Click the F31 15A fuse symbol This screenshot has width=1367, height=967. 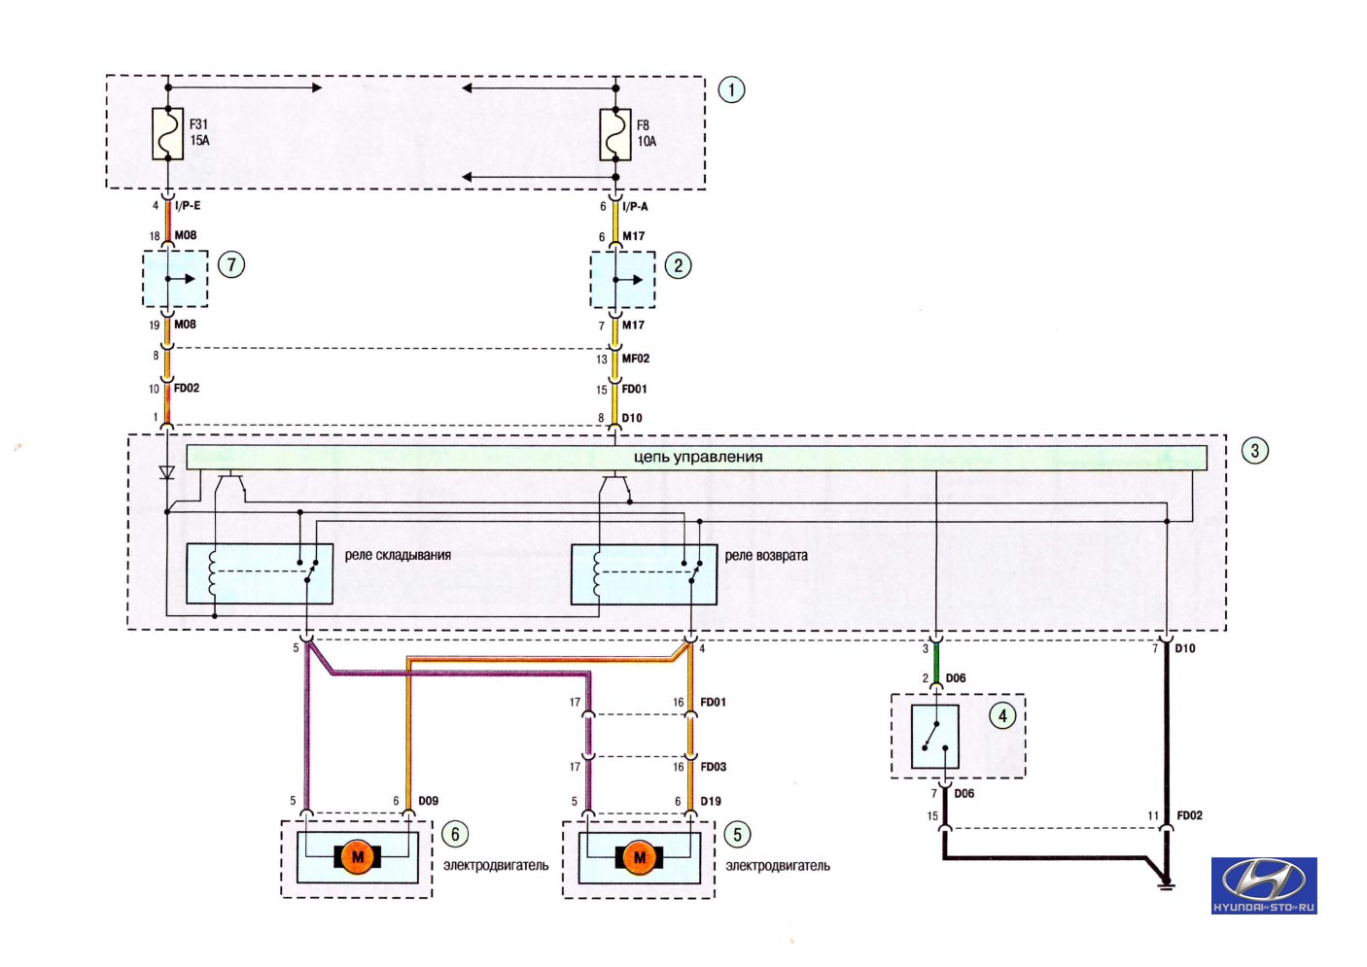click(x=168, y=134)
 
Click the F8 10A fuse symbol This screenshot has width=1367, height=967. click(x=615, y=135)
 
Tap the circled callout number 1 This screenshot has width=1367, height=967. click(x=731, y=90)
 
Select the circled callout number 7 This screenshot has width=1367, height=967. click(x=231, y=264)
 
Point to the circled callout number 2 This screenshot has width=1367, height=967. click(x=678, y=266)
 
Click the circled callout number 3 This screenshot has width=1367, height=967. click(x=1255, y=450)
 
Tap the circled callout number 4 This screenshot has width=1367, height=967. click(x=1002, y=715)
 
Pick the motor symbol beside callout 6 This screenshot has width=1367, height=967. click(x=358, y=856)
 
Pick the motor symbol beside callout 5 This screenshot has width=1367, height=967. click(x=639, y=857)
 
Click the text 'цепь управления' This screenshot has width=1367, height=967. click(x=698, y=457)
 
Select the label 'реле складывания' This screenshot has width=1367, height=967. click(x=398, y=555)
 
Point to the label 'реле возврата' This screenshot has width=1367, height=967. click(x=766, y=556)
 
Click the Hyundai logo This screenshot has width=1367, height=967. click(x=1263, y=885)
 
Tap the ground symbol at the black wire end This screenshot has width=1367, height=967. click(x=1166, y=884)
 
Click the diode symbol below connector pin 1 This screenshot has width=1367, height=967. click(x=166, y=472)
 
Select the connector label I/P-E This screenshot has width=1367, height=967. click(x=188, y=206)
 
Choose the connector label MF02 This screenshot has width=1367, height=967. click(x=635, y=358)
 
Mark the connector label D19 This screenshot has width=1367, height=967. click(x=711, y=801)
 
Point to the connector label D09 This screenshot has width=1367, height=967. click(x=428, y=801)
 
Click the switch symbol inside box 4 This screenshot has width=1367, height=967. click(x=935, y=737)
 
